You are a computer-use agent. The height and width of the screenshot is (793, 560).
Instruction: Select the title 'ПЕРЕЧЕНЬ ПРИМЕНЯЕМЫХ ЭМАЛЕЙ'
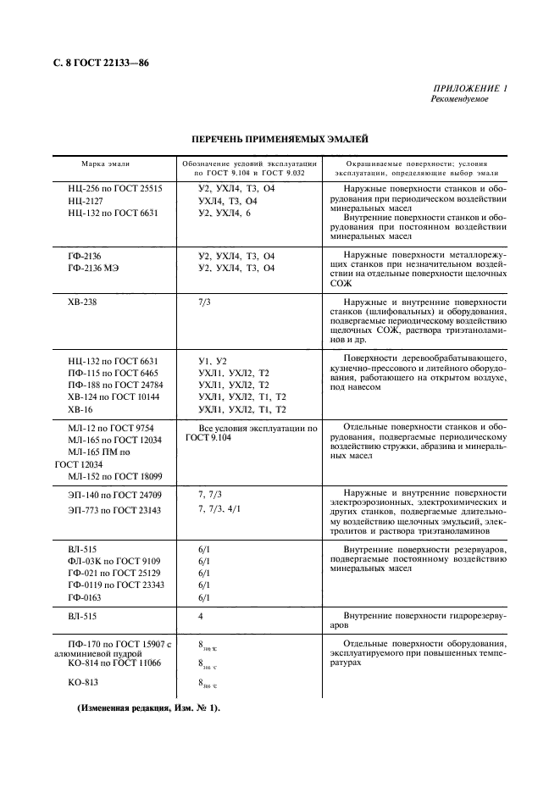pos(280,138)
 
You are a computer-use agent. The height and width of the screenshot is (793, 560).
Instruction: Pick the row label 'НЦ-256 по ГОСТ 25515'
pos(114,188)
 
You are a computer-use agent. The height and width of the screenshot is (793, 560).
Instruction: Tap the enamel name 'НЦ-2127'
pos(86,201)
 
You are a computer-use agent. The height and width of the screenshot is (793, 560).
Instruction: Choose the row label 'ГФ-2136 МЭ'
pos(96,268)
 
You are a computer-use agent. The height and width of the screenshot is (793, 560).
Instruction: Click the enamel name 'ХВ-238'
pos(84,301)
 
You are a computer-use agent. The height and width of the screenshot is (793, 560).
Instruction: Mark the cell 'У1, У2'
pos(213,361)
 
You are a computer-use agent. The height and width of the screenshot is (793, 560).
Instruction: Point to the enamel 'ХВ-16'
pos(80,408)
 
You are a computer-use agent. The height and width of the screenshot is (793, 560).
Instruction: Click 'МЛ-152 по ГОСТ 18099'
pos(114,476)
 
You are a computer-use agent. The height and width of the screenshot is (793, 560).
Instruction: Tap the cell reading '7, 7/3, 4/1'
pos(219,509)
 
